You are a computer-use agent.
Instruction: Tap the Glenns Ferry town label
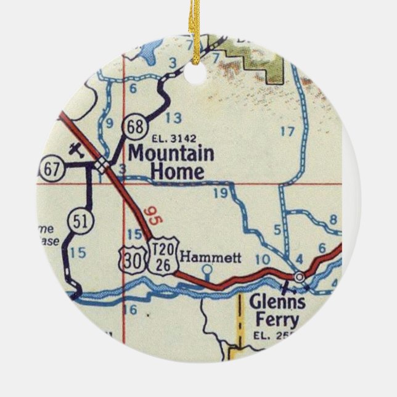coord(277,311)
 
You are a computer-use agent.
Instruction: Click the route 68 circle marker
coord(133,127)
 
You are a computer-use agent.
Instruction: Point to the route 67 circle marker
coord(51,168)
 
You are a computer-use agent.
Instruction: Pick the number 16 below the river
coord(129,310)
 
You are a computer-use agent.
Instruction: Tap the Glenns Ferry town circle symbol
coord(300,278)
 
